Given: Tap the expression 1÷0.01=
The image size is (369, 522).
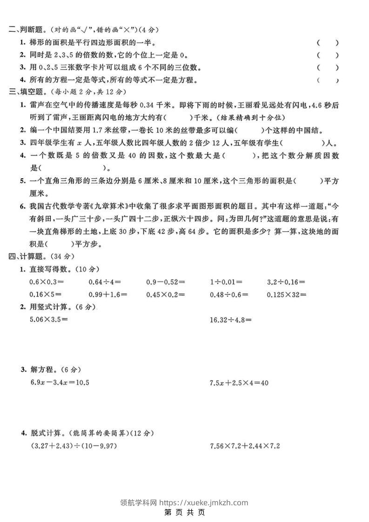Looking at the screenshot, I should click(226, 282).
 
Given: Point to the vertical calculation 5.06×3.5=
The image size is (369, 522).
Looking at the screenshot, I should click(48, 319).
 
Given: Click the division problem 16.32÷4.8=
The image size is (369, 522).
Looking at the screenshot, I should click(231, 320).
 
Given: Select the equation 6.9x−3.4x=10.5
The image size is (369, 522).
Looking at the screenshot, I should click(59, 382).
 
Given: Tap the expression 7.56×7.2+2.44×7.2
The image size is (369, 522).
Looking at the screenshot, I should click(245, 446).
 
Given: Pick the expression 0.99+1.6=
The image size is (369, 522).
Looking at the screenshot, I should click(108, 294).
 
